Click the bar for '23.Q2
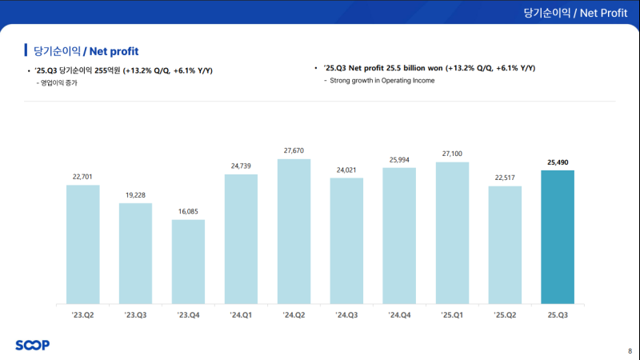[83, 244]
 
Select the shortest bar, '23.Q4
[188, 262]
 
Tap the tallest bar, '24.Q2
[294, 231]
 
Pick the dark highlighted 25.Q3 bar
[558, 237]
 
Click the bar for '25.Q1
[452, 233]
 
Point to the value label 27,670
[294, 150]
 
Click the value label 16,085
[188, 211]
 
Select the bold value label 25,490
[558, 162]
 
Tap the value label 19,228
[135, 194]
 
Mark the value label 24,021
[346, 170]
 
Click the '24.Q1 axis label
[241, 316]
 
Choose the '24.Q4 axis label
[399, 316]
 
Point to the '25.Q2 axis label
[505, 316]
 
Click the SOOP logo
[32, 345]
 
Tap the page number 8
[629, 350]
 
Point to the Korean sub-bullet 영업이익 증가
[62, 83]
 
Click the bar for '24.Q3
[346, 241]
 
